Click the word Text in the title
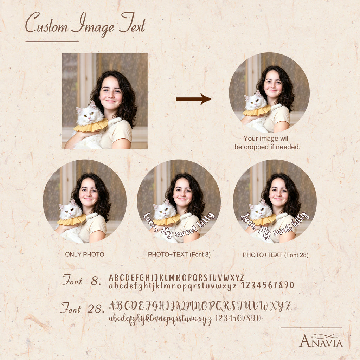133,23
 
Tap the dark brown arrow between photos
194,99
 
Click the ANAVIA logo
321,340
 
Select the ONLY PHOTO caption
85,255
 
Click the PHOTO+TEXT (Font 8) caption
179,255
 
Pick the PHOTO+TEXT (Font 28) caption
276,255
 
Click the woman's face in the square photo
111,93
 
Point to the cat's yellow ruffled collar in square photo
91,126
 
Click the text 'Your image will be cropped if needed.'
267,143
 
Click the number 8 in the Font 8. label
95,281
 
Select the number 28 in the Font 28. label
94,309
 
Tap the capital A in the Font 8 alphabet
111,278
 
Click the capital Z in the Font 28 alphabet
288,306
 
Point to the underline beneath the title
52,42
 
